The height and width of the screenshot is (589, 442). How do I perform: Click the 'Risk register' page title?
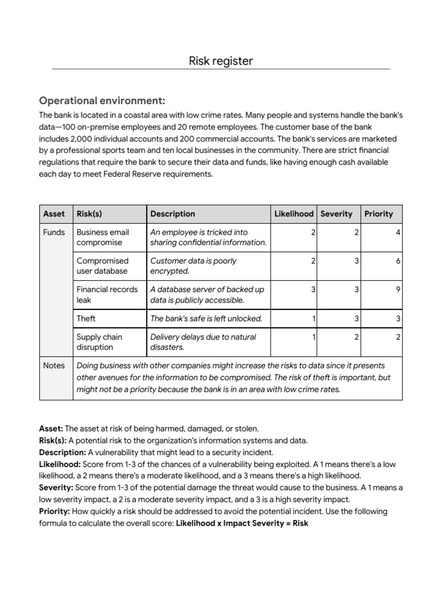pyautogui.click(x=221, y=60)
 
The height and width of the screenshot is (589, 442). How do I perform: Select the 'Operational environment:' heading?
pyautogui.click(x=102, y=101)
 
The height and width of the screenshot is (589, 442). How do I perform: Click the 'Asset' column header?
pyautogui.click(x=54, y=214)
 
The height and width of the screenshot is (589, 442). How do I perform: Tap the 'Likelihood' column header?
pyautogui.click(x=294, y=214)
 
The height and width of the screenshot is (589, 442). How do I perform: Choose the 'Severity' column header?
pyautogui.click(x=336, y=214)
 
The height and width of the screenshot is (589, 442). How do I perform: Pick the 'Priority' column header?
pyautogui.click(x=379, y=214)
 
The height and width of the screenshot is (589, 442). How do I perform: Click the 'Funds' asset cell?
pyautogui.click(x=54, y=232)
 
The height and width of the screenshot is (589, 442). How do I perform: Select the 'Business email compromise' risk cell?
pyautogui.click(x=103, y=238)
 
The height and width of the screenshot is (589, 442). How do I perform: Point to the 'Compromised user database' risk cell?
pyautogui.click(x=102, y=266)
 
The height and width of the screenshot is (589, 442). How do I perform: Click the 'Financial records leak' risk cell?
pyautogui.click(x=107, y=294)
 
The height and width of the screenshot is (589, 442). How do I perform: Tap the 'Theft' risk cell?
pyautogui.click(x=86, y=318)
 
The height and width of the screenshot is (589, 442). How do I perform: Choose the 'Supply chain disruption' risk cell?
pyautogui.click(x=100, y=342)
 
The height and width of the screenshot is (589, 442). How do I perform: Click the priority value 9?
pyautogui.click(x=398, y=289)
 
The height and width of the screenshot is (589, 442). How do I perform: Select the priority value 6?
pyautogui.click(x=398, y=261)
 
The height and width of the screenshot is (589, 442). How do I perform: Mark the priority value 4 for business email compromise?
pyautogui.click(x=398, y=232)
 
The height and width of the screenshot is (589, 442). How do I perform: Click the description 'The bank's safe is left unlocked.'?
pyautogui.click(x=206, y=318)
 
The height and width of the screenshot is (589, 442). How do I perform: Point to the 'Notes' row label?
pyautogui.click(x=54, y=365)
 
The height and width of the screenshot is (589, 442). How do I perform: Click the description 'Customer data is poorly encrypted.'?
pyautogui.click(x=193, y=266)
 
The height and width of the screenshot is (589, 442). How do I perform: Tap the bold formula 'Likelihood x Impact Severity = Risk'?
pyautogui.click(x=242, y=523)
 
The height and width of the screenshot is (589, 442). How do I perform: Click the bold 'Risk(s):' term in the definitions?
pyautogui.click(x=52, y=441)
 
